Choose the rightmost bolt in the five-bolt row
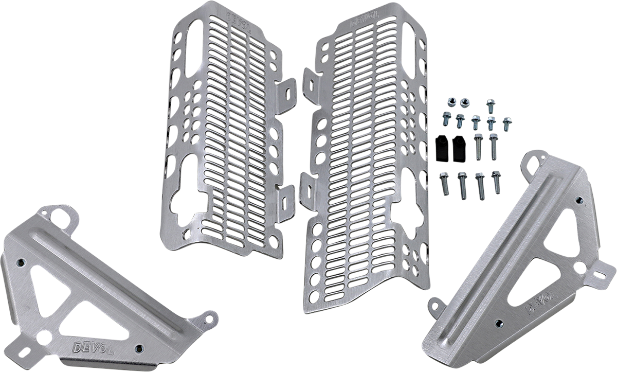[x=506, y=123]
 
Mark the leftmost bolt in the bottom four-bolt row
[x=444, y=183]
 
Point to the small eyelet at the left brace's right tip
[x=211, y=318]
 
